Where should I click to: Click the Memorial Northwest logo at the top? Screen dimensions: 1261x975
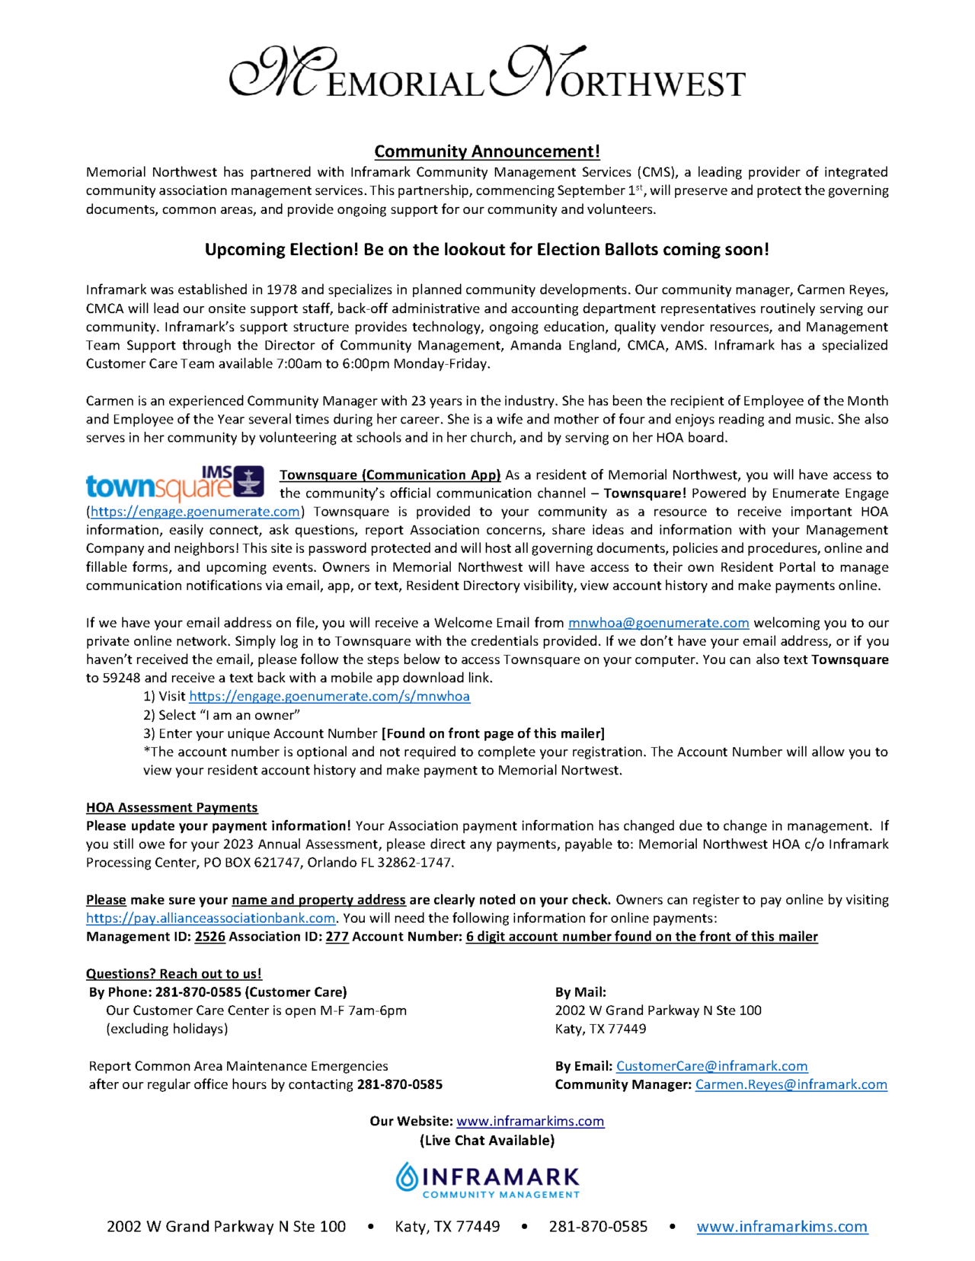click(x=487, y=74)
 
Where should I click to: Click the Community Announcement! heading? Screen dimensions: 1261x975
click(x=487, y=152)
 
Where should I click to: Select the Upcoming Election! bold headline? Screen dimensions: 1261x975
click(x=487, y=250)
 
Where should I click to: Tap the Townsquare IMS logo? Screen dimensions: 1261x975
click(x=175, y=483)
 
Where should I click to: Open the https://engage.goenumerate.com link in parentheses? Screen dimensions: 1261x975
click(x=195, y=512)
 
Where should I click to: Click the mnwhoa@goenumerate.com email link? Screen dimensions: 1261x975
click(x=658, y=623)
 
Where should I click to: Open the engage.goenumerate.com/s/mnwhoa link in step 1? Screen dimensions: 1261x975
click(x=329, y=696)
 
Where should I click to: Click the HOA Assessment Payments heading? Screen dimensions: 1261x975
click(x=171, y=807)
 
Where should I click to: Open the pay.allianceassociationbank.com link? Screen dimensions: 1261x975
click(x=210, y=918)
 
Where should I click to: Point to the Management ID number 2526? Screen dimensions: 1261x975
click(x=209, y=937)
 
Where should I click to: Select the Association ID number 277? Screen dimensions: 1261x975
click(x=337, y=937)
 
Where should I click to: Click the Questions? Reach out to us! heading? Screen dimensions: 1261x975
click(x=174, y=974)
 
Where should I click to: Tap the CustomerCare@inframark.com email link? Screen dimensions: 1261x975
click(x=711, y=1066)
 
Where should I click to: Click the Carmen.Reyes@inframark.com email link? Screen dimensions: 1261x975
click(x=791, y=1084)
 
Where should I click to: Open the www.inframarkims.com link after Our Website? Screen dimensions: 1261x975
click(x=530, y=1121)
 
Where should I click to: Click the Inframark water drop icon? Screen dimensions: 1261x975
click(x=407, y=1177)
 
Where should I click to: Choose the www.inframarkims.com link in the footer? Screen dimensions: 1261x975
click(x=782, y=1227)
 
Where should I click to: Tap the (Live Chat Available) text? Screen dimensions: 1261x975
click(x=487, y=1140)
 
